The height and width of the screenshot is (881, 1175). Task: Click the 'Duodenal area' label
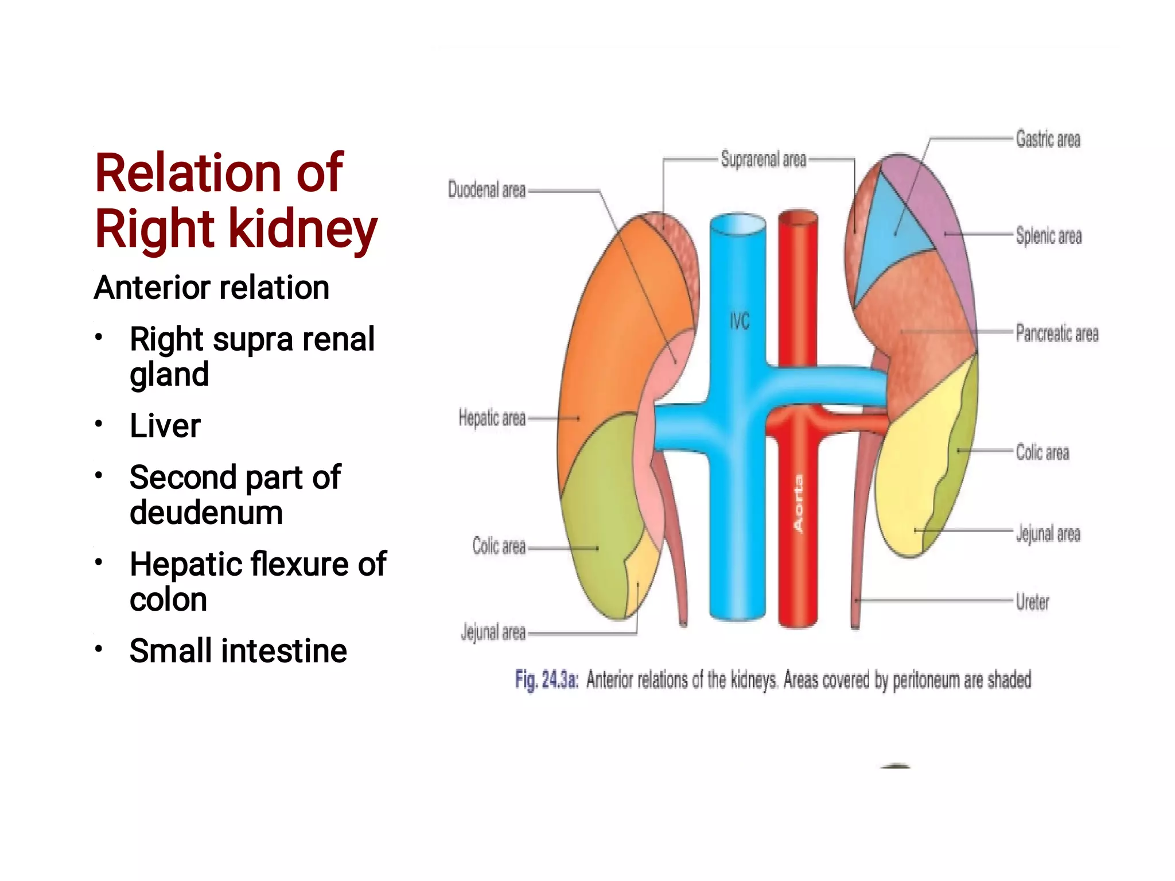pyautogui.click(x=487, y=189)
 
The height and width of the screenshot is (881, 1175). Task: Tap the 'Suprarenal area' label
pyautogui.click(x=763, y=160)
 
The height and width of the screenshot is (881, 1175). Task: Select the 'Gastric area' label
pyautogui.click(x=1048, y=139)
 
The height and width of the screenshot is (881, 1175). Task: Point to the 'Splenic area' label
pyautogui.click(x=1048, y=236)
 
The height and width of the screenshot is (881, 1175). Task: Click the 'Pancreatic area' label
pyautogui.click(x=1056, y=333)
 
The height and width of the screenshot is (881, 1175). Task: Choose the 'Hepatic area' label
pyautogui.click(x=492, y=418)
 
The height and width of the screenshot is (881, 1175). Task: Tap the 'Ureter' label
pyautogui.click(x=1032, y=601)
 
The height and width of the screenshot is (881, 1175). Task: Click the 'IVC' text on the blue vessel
pyautogui.click(x=739, y=321)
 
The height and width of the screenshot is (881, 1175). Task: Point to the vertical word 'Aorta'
pyautogui.click(x=798, y=503)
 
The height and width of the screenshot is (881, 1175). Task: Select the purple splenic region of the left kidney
pyautogui.click(x=941, y=212)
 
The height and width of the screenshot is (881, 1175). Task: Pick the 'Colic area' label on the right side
pyautogui.click(x=1042, y=452)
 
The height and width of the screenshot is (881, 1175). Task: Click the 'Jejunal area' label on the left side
pyautogui.click(x=493, y=632)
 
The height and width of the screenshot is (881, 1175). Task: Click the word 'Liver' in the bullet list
pyautogui.click(x=165, y=426)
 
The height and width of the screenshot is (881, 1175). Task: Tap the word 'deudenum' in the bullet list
pyautogui.click(x=206, y=512)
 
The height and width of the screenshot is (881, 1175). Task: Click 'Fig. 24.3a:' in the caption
pyautogui.click(x=546, y=680)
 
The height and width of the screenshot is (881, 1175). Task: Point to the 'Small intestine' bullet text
pyautogui.click(x=238, y=651)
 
